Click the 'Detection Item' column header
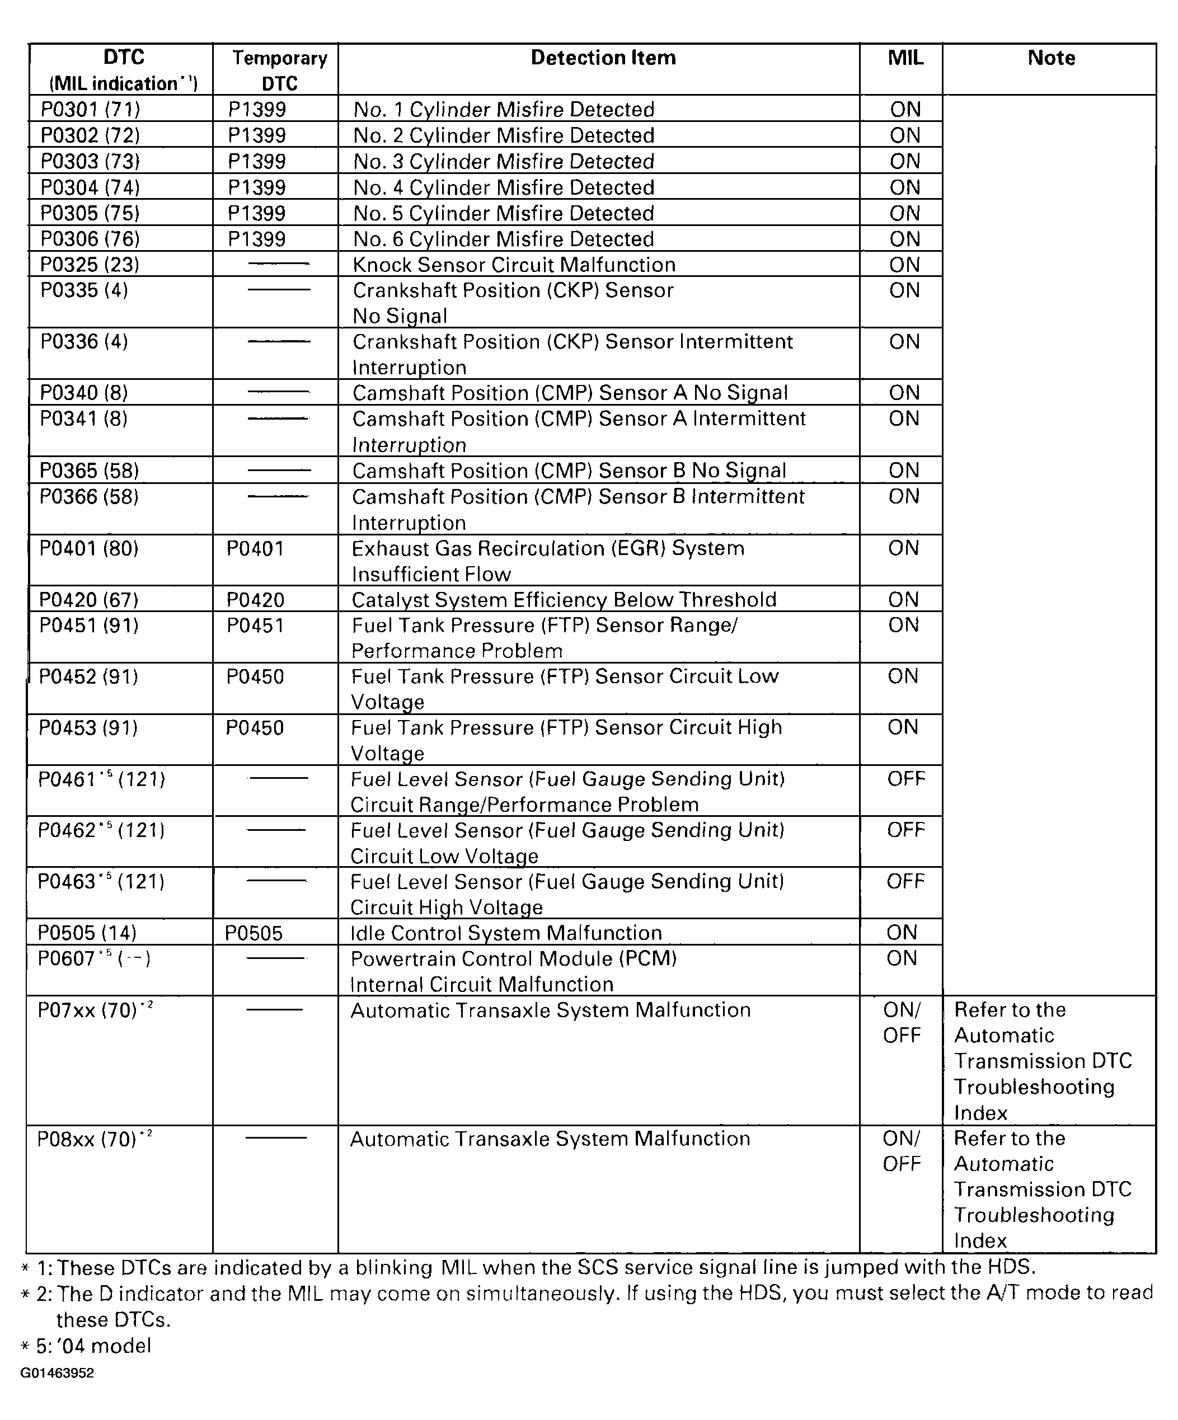tap(603, 58)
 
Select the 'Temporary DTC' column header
tap(279, 70)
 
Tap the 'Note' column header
tap(1051, 58)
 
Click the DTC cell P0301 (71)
tap(90, 110)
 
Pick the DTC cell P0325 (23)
tap(90, 265)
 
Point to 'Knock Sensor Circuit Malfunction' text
tap(514, 265)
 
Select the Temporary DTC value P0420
tap(255, 600)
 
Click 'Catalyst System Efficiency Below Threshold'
tap(564, 600)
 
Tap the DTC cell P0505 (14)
tap(87, 933)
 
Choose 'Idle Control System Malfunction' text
tap(506, 933)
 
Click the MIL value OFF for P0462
tap(905, 830)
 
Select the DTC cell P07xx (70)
tap(95, 1010)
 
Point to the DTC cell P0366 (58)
tap(88, 497)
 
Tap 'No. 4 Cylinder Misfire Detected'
tap(504, 187)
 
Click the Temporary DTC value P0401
tap(255, 548)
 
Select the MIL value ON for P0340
tap(905, 393)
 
